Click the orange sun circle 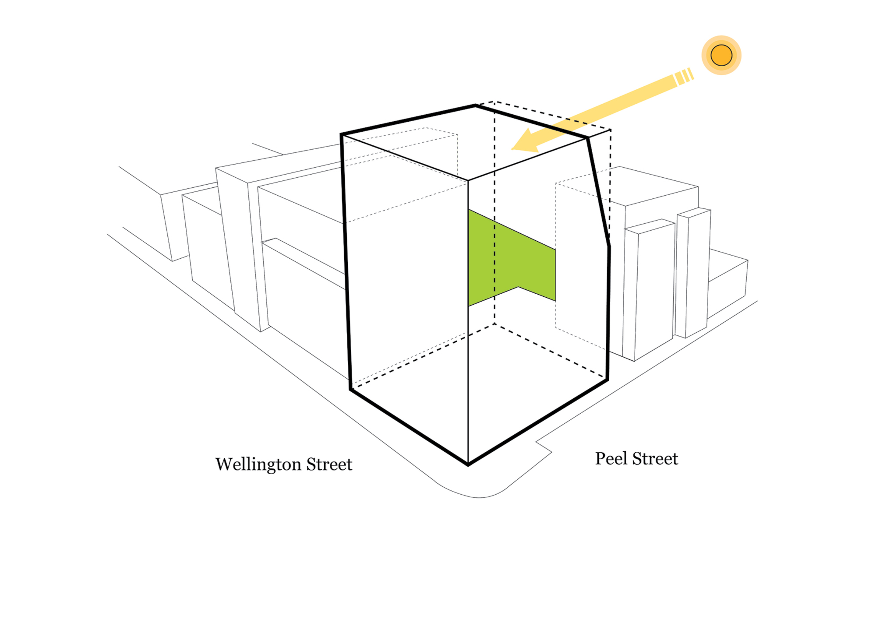pyautogui.click(x=721, y=55)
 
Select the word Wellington pyautogui.click(x=258, y=464)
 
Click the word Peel pyautogui.click(x=611, y=459)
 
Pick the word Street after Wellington pyautogui.click(x=329, y=464)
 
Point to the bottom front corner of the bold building pyautogui.click(x=468, y=464)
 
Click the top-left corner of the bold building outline pyautogui.click(x=342, y=134)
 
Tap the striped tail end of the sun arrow pyautogui.click(x=684, y=76)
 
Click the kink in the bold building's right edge pyautogui.click(x=609, y=246)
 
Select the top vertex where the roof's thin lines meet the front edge pyautogui.click(x=468, y=180)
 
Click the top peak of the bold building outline pyautogui.click(x=476, y=106)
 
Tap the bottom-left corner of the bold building pyautogui.click(x=351, y=389)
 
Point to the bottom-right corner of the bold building pyautogui.click(x=608, y=379)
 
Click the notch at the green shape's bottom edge pyautogui.click(x=518, y=287)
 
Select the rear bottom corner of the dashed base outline pyautogui.click(x=495, y=324)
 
